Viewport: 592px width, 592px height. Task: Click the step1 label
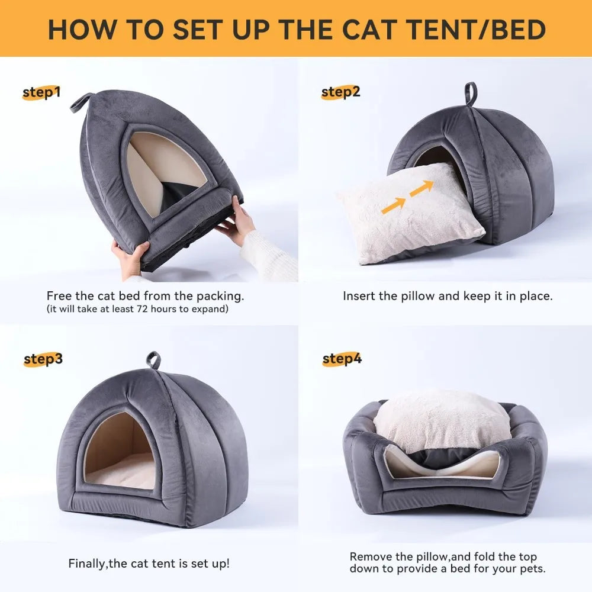tap(41, 92)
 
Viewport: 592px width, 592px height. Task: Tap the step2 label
tap(340, 92)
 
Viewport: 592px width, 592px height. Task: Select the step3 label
tap(43, 359)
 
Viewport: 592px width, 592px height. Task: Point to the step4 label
tap(342, 359)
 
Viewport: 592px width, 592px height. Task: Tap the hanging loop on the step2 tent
tap(471, 94)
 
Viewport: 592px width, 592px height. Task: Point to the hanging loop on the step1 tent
tap(82, 102)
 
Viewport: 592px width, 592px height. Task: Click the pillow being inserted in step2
tap(408, 213)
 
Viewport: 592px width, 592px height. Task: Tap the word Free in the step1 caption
tap(58, 296)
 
